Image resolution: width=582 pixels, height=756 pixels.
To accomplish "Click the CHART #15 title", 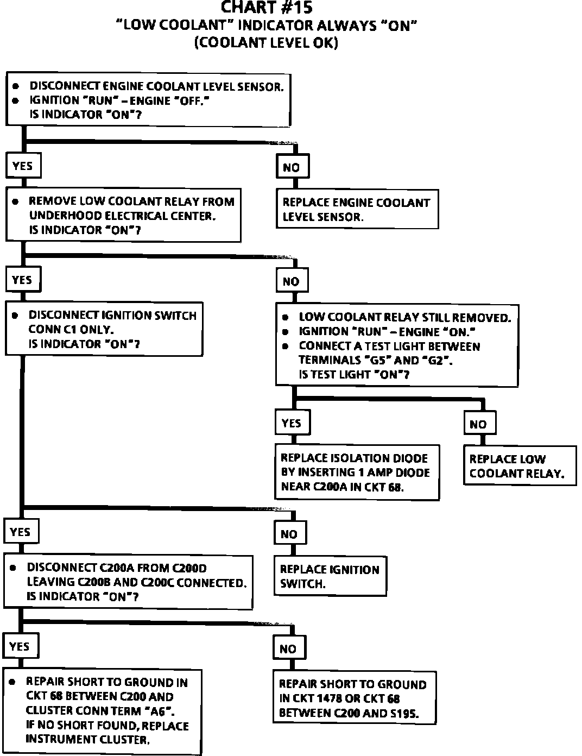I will coord(266,8).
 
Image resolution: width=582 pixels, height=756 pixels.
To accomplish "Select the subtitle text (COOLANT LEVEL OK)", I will coord(266,43).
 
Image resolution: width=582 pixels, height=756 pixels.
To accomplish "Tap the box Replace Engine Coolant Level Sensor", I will coord(357,209).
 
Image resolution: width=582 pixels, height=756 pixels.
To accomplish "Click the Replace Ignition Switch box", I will coord(330,576).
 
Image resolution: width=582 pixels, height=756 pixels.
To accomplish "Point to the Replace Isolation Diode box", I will coord(356,472).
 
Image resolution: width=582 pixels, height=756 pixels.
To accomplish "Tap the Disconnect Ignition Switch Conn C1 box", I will coord(104,329).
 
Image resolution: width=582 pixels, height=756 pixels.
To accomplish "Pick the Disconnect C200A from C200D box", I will coord(128,582).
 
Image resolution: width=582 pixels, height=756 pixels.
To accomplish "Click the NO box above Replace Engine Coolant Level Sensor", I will coord(292,167).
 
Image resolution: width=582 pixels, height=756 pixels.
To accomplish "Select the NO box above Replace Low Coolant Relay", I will coord(479,424).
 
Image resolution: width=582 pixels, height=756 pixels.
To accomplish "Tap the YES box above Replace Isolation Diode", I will coord(292,423).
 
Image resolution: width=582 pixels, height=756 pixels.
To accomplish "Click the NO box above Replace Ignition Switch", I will coord(289,534).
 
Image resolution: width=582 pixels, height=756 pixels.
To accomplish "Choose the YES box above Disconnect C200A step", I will coord(21,532).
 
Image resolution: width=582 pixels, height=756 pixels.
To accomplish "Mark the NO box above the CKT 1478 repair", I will coord(288,648).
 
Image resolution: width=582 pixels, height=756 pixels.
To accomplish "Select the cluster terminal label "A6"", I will coord(161,711).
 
